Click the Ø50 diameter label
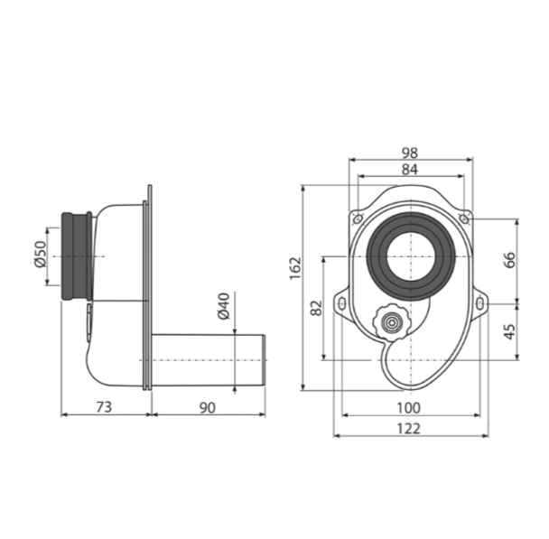coord(41,255)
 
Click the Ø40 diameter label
coord(224,306)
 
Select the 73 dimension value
coord(104,407)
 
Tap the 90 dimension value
coord(208,408)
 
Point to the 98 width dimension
coord(410,153)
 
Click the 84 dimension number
coord(410,170)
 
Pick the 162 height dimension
coord(296,268)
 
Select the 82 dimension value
coord(317,308)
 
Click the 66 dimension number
coord(510,260)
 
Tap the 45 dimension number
coord(510,331)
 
